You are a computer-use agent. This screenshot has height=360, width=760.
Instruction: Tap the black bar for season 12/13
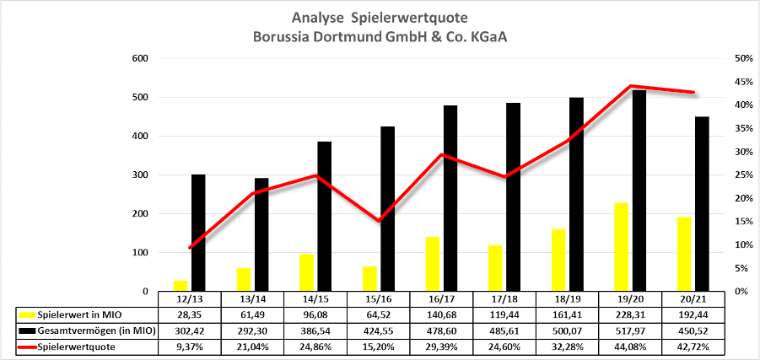coord(198,233)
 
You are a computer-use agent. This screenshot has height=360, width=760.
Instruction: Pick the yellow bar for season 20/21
coord(683,254)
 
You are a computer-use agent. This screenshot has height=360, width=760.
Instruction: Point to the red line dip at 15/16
coord(380,220)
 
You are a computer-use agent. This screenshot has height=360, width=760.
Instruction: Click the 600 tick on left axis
coord(141,58)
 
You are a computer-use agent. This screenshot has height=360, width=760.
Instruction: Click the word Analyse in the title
coord(318,17)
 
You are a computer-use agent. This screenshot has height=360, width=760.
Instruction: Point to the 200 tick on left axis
coord(141,214)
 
